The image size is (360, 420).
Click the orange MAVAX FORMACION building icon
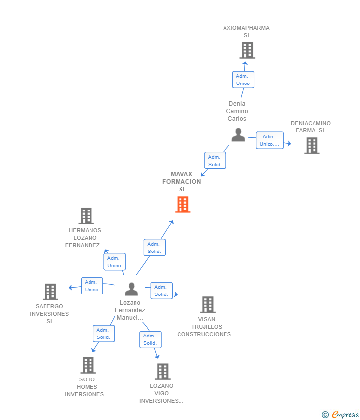coord(182,205)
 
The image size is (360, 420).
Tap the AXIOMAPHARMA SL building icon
coord(247,50)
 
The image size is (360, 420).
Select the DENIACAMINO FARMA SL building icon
coord(312,146)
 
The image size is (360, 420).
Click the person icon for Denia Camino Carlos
coord(238,135)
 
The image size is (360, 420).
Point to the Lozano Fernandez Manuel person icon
coord(131,289)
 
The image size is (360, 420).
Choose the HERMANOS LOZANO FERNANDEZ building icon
coord(86,216)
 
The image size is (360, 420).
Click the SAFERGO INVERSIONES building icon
coord(50,292)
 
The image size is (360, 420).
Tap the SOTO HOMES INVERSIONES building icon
coord(88,365)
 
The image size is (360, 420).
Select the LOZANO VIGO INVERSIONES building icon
coord(162,372)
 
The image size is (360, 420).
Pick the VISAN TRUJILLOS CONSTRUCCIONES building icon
coord(208,305)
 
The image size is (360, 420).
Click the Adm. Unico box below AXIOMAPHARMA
coord(243,80)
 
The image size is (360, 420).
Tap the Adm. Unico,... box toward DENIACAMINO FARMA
coord(270,140)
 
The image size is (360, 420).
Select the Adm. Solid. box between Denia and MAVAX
coord(215,161)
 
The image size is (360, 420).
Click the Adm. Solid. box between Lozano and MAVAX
coord(154,248)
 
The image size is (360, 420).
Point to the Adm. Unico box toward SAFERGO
coord(92,286)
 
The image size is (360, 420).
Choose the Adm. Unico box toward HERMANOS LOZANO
coord(114,262)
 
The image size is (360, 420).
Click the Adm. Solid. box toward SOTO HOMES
coord(104,334)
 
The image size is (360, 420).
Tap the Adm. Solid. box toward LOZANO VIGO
coord(150,339)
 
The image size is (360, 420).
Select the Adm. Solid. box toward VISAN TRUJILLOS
coord(161,291)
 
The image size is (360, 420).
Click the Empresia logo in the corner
coord(340,414)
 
